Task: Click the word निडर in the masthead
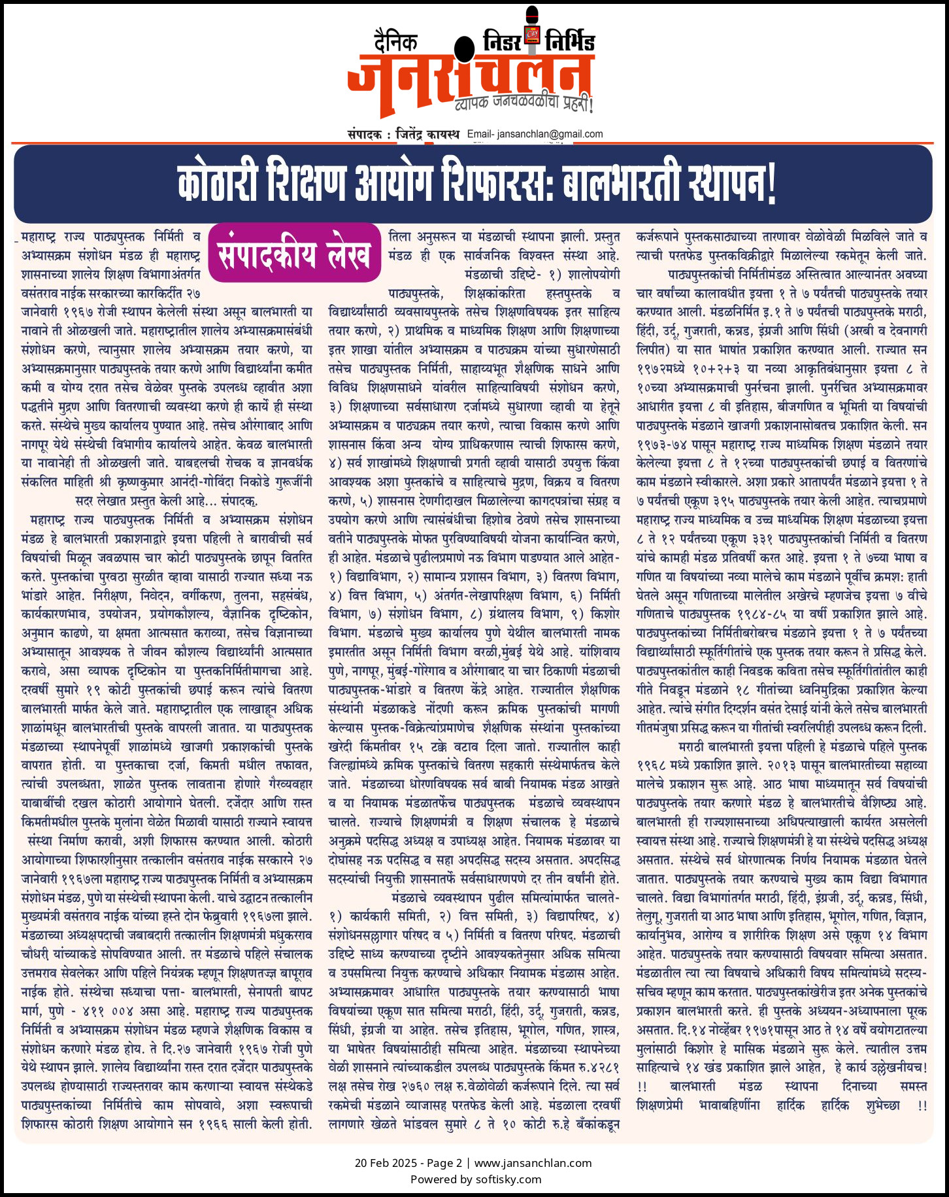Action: tap(502, 41)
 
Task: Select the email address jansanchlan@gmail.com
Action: tap(550, 134)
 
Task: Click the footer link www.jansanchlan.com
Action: tap(533, 1163)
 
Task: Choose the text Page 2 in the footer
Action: tap(444, 1163)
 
